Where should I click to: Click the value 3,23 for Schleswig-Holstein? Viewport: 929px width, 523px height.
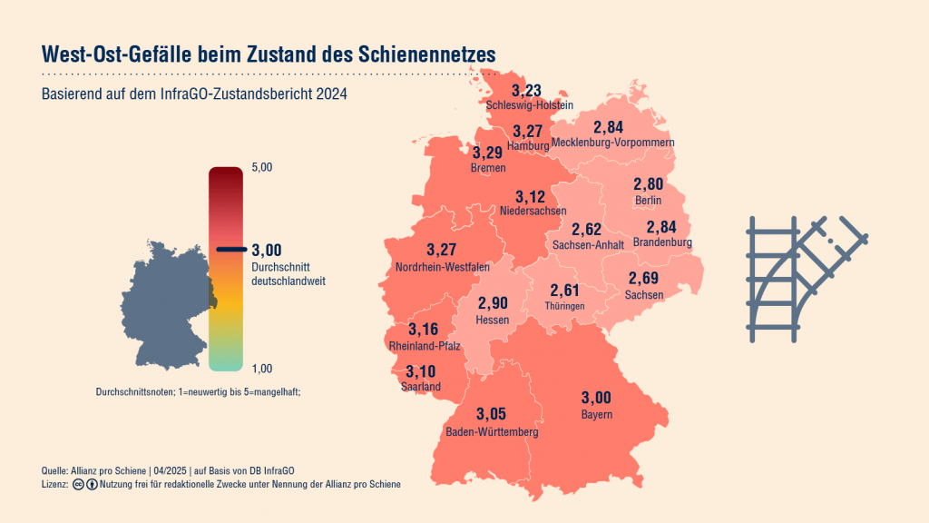[x=526, y=90]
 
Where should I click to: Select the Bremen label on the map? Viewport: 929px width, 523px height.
[x=488, y=168]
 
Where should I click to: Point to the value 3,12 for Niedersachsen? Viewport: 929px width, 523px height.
[x=530, y=197]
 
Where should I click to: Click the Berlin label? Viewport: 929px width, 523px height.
[x=648, y=200]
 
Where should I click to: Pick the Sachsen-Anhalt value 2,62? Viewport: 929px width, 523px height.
[x=586, y=229]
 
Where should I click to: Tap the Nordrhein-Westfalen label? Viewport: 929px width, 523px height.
[x=443, y=267]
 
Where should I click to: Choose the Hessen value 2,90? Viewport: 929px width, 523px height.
[x=494, y=302]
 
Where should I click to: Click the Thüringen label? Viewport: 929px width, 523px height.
[x=564, y=307]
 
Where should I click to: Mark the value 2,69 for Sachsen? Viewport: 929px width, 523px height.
[x=643, y=278]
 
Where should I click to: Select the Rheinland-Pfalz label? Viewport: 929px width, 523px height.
[x=425, y=346]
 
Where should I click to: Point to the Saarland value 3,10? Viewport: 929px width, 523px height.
[x=420, y=370]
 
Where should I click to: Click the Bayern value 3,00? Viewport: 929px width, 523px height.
[x=596, y=397]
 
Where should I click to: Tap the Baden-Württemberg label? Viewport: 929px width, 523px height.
[x=492, y=432]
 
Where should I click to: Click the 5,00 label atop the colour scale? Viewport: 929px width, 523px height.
[x=261, y=168]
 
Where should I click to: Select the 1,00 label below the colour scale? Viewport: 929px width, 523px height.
[x=261, y=368]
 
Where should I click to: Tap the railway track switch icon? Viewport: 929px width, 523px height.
[x=806, y=280]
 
